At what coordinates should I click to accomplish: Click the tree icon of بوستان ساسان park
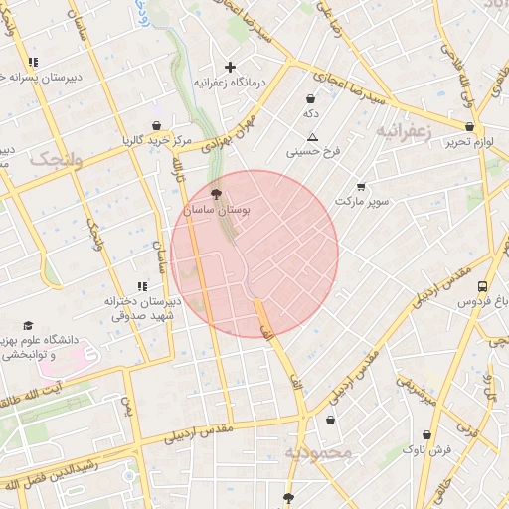(218, 195)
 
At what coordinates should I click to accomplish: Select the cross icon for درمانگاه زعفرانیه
(231, 68)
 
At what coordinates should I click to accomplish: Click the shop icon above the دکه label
(311, 99)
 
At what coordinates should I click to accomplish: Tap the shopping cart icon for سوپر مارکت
(360, 186)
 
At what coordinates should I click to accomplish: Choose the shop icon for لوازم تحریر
(469, 127)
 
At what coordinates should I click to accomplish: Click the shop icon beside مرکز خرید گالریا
(156, 126)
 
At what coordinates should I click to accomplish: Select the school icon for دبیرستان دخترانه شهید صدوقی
(142, 286)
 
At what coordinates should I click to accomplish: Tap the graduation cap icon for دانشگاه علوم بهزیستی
(28, 326)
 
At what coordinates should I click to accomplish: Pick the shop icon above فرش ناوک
(427, 434)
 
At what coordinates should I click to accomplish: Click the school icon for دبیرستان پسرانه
(34, 62)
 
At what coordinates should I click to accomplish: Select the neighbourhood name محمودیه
(319, 453)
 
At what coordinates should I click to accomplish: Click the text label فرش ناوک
(427, 450)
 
